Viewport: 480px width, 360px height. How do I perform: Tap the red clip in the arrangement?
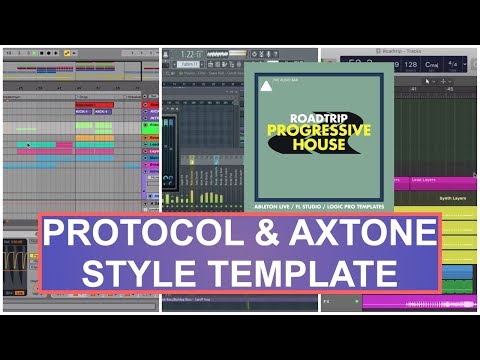coord(94,104)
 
